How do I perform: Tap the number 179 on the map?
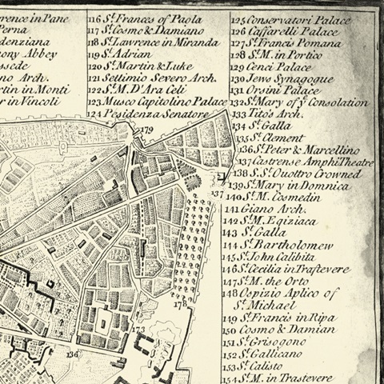coord(145,130)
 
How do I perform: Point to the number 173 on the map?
coord(140,329)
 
